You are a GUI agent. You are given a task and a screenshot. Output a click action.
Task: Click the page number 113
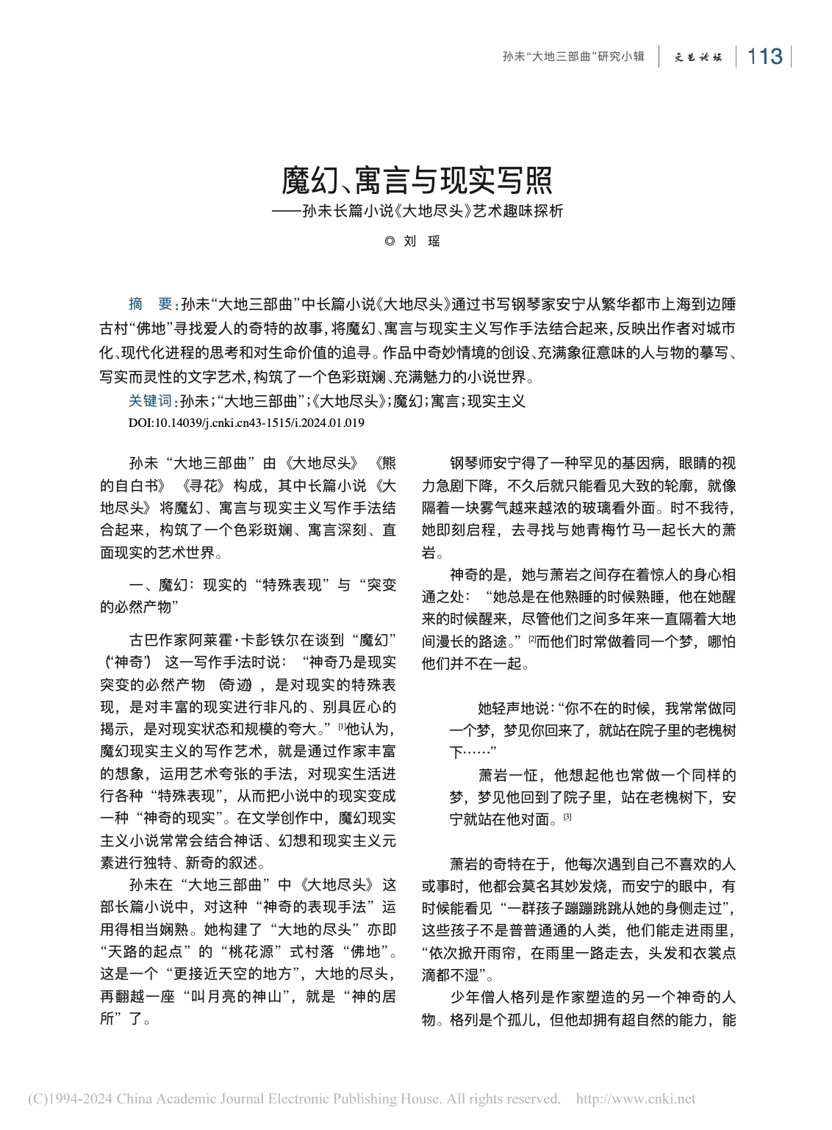764,57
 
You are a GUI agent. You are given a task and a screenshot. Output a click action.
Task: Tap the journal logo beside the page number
698,57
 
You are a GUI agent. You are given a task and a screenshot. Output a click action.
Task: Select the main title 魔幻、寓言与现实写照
417,181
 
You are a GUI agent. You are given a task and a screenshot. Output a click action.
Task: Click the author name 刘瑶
423,241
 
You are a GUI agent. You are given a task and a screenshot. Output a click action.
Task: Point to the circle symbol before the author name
390,241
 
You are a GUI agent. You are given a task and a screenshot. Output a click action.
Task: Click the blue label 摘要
150,304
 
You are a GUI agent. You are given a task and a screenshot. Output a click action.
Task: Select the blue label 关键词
150,401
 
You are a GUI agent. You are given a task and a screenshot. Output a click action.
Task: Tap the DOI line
246,422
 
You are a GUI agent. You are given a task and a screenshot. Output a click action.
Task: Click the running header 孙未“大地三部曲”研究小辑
573,57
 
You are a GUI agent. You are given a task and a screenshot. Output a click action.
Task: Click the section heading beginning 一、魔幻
248,586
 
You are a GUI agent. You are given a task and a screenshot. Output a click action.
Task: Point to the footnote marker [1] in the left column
341,727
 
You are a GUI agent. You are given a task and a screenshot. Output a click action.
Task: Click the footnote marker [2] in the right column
532,638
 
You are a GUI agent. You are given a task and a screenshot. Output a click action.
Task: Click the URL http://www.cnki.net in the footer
636,1099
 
